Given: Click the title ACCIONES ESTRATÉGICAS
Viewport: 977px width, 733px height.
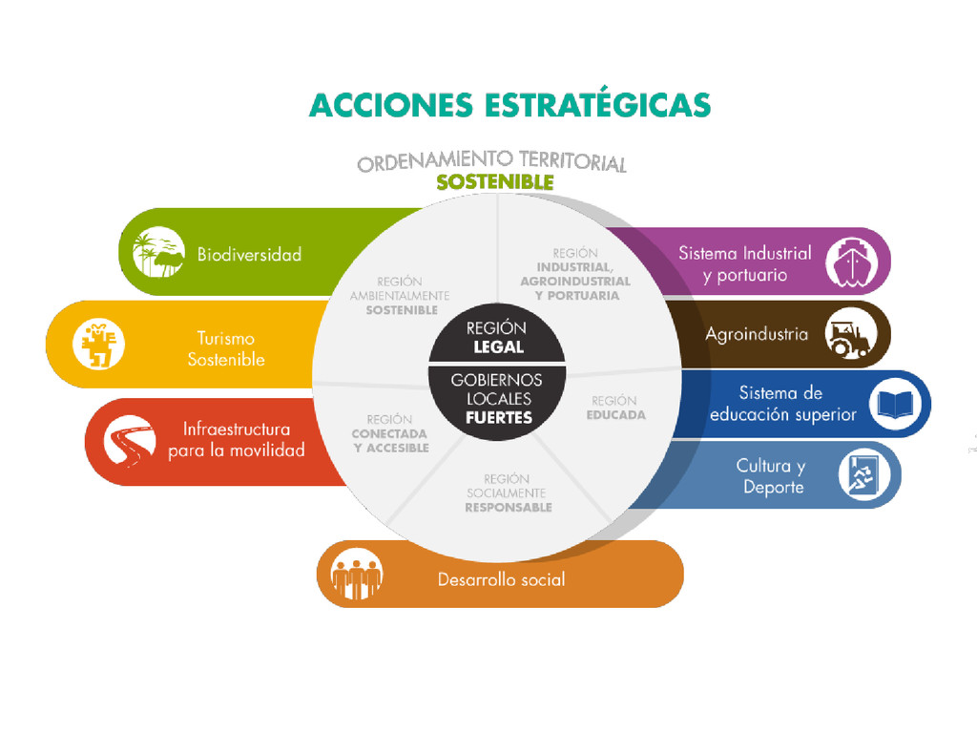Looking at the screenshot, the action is (x=509, y=104).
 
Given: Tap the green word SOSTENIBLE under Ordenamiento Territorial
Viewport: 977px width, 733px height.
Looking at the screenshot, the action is (x=494, y=182).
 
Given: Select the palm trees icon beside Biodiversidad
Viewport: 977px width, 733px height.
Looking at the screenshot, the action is (x=158, y=252).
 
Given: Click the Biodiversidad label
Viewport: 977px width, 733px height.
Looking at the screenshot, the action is (x=249, y=255).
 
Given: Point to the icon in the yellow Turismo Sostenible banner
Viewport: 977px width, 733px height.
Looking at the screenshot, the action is (x=99, y=345).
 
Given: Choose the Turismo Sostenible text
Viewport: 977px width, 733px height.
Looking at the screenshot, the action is (x=226, y=348).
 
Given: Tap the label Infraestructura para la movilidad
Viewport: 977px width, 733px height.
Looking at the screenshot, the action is (x=237, y=440).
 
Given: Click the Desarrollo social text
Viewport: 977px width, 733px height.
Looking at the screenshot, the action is (x=501, y=579).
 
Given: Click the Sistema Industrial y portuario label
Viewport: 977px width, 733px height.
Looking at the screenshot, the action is (x=744, y=264).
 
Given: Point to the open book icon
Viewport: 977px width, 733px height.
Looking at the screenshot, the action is (x=895, y=404).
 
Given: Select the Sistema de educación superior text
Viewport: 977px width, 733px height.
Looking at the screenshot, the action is (x=783, y=404).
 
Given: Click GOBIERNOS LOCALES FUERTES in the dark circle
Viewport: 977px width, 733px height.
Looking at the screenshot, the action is (x=496, y=398).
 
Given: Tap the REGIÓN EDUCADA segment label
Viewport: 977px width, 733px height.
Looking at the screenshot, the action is (x=615, y=408).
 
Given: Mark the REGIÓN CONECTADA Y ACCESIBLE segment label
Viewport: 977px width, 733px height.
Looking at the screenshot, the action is (x=390, y=433).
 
